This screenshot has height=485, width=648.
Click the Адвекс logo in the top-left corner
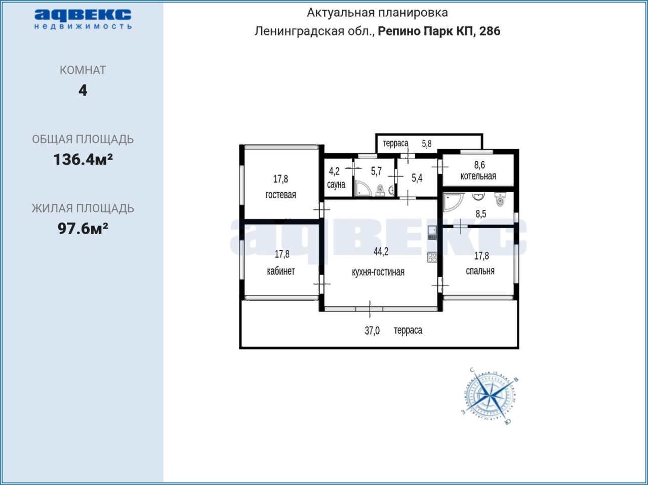[x=83, y=19]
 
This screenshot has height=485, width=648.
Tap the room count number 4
[x=83, y=90]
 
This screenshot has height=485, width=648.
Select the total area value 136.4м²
[x=83, y=159]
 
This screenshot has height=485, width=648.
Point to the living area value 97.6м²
[x=83, y=229]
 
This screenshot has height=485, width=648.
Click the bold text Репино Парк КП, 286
[x=439, y=31]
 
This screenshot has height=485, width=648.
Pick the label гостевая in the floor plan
[x=280, y=195]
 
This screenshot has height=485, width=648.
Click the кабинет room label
[x=281, y=271]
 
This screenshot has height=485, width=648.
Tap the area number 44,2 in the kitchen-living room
[x=381, y=251]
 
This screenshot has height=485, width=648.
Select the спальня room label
[x=480, y=271]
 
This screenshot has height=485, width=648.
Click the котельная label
[x=478, y=176]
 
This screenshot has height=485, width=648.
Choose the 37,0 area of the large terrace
[x=372, y=331]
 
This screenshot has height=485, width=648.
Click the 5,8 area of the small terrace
[x=427, y=144]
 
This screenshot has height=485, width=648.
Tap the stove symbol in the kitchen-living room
[x=432, y=257]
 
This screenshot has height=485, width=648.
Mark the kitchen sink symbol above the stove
[x=432, y=233]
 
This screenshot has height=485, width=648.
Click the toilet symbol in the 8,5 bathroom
[x=500, y=200]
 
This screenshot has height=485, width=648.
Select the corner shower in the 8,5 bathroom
[x=453, y=202]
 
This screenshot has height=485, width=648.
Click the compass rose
[x=490, y=396]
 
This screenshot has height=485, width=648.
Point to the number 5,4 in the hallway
[x=417, y=178]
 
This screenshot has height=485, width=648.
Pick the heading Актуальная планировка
[x=377, y=13]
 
